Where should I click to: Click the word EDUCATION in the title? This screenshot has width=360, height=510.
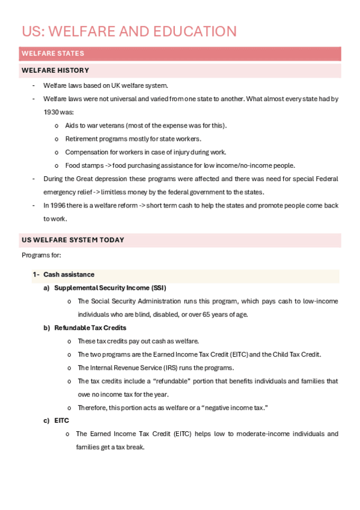click(x=191, y=31)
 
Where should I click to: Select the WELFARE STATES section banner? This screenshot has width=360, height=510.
click(x=53, y=54)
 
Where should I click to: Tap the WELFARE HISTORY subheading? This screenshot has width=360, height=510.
click(x=55, y=71)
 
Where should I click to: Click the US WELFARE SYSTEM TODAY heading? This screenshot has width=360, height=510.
click(x=73, y=240)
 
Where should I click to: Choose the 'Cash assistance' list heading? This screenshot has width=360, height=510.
click(x=69, y=274)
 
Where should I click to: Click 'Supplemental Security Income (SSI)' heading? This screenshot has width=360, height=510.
click(x=110, y=288)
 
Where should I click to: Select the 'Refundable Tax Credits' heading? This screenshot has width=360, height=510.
click(x=90, y=328)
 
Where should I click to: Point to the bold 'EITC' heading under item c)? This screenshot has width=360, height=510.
click(x=61, y=420)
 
